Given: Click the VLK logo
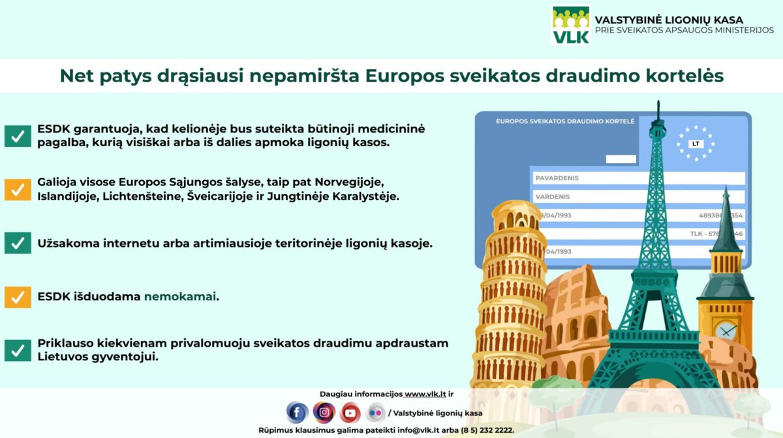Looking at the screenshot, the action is tap(571, 25).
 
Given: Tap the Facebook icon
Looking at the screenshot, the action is tap(297, 413).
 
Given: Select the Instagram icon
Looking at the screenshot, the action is tap(324, 413).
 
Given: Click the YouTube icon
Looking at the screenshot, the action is tap(350, 413).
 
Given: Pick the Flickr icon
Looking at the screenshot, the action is tap(375, 413).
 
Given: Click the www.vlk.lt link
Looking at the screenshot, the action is tap(425, 394).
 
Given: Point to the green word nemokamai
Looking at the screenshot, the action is tap(179, 296).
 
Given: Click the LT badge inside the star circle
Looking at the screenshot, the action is tap(696, 144).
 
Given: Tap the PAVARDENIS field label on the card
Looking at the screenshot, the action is tap(557, 178).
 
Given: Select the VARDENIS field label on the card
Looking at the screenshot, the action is tap(553, 196).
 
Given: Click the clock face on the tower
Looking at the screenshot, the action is tap(726, 331).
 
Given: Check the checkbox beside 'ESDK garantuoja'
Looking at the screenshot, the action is tap(18, 136).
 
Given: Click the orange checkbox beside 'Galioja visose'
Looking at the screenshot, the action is tap(18, 190).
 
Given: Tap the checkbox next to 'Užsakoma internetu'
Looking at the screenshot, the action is tap(18, 243).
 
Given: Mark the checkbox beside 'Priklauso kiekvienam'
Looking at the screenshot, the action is tap(18, 351).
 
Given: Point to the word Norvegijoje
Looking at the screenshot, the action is tap(349, 182).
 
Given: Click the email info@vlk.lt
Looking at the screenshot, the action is tap(418, 430).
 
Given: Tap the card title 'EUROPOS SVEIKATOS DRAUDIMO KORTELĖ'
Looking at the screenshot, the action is tap(565, 121).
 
